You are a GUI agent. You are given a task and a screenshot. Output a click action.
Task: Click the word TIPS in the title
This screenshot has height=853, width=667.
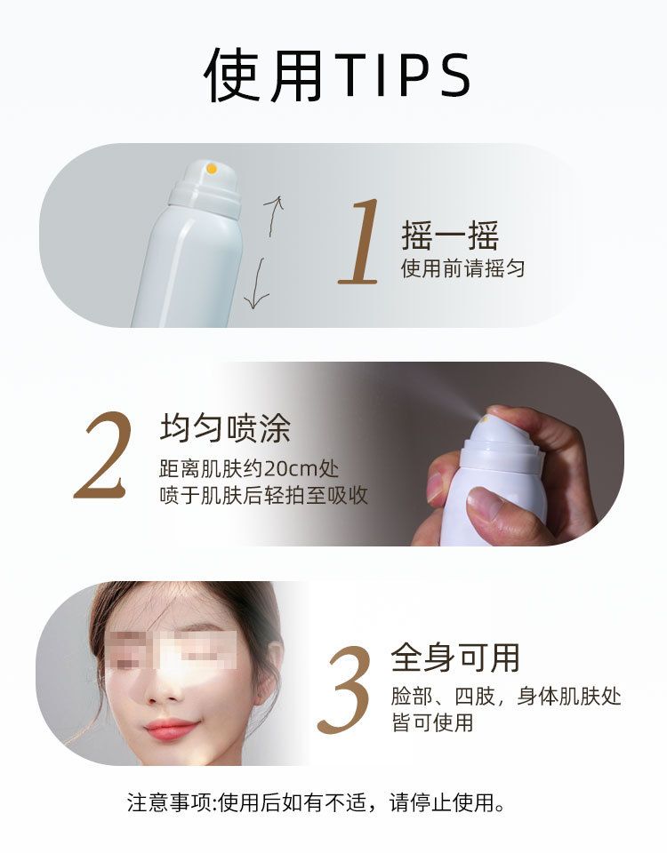pos(403,76)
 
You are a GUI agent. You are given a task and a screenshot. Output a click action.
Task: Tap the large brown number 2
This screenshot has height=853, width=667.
pos(103,455)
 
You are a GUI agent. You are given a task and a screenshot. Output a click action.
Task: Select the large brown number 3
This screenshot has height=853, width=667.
pos(345,690)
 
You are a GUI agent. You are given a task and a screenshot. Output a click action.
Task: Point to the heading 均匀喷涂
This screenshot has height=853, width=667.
pos(225,428)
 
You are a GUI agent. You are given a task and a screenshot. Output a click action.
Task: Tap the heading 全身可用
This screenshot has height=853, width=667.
pos(455,658)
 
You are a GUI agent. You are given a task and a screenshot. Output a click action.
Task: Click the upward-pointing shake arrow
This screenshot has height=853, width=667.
pos(273,215)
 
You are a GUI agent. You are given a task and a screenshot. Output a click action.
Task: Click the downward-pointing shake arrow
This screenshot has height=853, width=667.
pos(256,284)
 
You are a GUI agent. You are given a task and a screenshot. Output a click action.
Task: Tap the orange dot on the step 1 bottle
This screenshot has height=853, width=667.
pos(212,169)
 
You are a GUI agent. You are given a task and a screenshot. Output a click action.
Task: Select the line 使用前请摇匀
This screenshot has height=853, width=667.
pos(462,268)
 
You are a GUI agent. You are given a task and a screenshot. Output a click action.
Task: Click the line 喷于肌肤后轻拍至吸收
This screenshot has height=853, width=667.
pos(263,496)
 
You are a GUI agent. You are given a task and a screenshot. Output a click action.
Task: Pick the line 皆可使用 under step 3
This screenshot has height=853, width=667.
pos(432,723)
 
